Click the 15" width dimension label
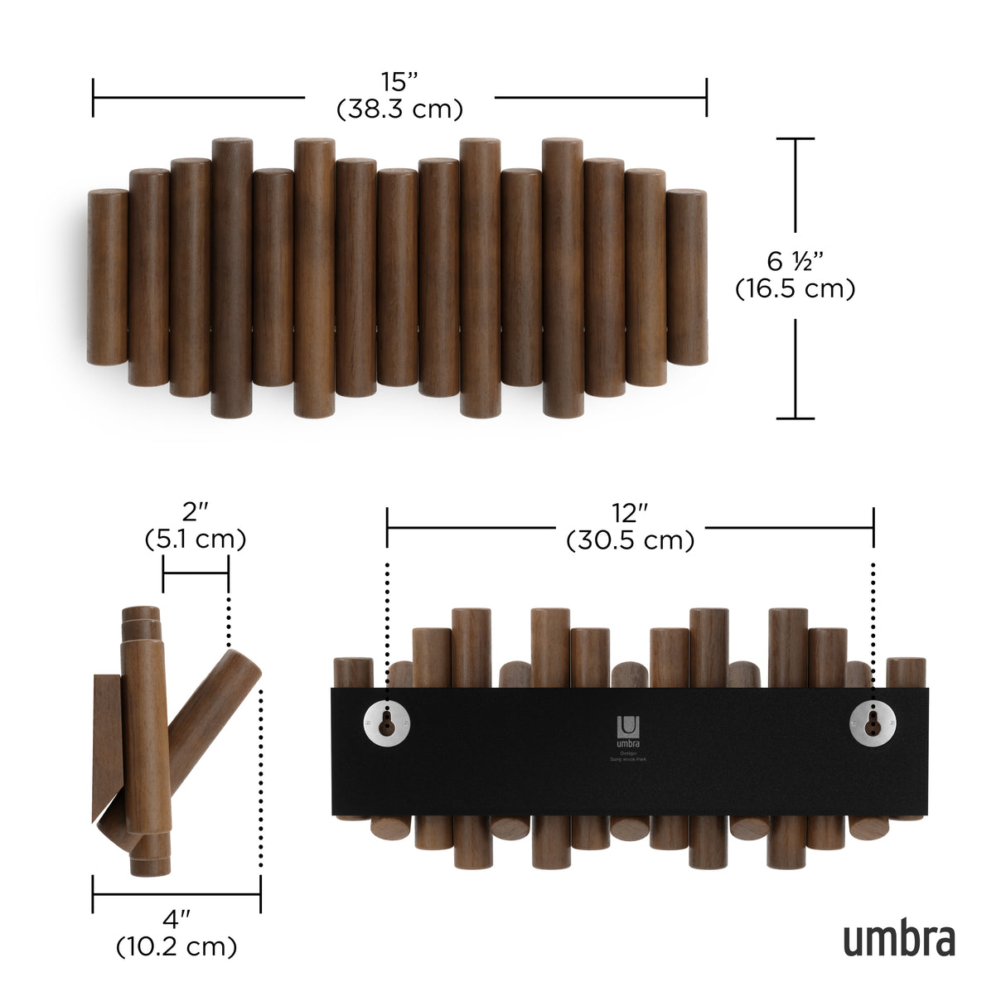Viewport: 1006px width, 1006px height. tap(399, 83)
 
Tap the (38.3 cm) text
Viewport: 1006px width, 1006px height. tap(399, 109)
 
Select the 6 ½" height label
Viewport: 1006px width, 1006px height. tap(796, 261)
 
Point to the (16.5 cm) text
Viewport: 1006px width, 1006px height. tap(796, 288)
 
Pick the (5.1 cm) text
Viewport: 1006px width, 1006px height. tap(195, 539)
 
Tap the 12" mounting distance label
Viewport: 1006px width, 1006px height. tap(630, 514)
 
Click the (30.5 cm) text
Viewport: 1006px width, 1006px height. tap(630, 540)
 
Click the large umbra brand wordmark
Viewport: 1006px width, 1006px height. tap(899, 940)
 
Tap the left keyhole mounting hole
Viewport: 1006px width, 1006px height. tap(385, 723)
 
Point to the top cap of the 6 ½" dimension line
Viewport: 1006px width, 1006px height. tap(795, 138)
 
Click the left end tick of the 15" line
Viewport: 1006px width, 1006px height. tap(94, 98)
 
